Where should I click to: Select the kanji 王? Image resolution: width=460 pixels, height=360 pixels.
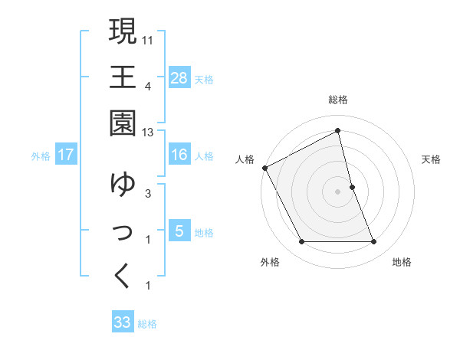pos(123,77)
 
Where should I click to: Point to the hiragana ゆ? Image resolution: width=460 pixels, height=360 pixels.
pos(123,184)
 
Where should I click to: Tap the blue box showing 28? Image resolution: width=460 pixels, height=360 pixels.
pos(179,77)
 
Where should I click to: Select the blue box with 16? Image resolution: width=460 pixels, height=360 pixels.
pos(179,155)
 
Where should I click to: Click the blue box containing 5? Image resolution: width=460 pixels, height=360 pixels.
pos(179,231)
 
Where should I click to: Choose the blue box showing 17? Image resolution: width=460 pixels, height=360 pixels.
pos(66,155)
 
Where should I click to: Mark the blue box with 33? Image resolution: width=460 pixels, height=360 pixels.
pos(123,322)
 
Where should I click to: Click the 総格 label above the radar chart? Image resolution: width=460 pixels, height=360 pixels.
pos(337,100)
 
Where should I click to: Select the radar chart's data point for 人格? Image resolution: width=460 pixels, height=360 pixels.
pos(265,168)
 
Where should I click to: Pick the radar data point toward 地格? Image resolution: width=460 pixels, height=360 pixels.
pos(373,242)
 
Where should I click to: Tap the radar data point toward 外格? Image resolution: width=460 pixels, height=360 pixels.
pos(301,242)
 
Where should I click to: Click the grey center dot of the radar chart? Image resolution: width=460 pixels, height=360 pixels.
pos(337,191)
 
